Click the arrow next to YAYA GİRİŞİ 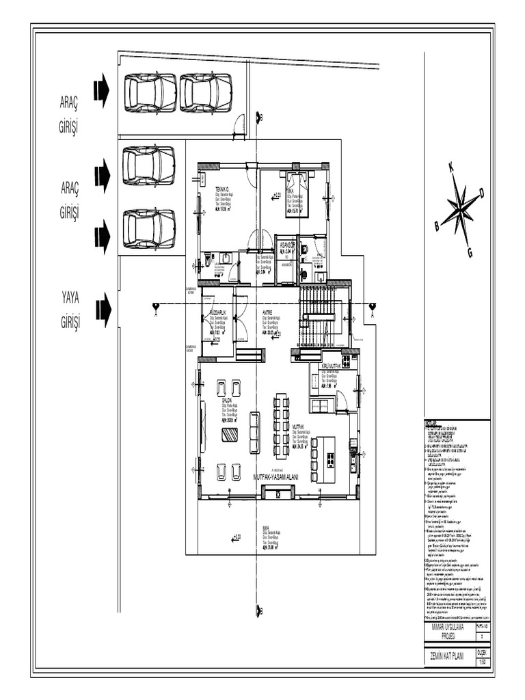pos(103,310)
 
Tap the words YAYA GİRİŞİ pos(70,310)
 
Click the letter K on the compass pos(450,167)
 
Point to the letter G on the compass pos(470,254)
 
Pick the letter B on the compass pos(437,226)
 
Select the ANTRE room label pos(268,312)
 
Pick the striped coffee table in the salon pos(230,435)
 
